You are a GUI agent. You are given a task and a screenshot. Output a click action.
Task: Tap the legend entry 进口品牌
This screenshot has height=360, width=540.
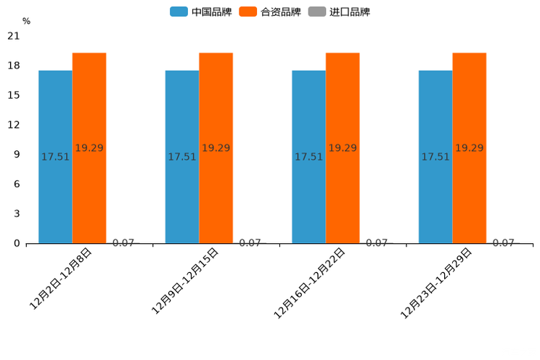pyautogui.click(x=339, y=12)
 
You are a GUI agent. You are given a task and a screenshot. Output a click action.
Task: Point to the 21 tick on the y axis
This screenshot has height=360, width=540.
pyautogui.click(x=14, y=36)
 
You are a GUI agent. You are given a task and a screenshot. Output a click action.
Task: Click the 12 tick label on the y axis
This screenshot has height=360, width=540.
pyautogui.click(x=14, y=125)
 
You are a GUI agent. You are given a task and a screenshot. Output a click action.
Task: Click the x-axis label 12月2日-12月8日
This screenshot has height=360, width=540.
pyautogui.click(x=61, y=279)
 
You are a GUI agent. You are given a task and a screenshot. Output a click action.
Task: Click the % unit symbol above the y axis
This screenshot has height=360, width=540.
pyautogui.click(x=26, y=21)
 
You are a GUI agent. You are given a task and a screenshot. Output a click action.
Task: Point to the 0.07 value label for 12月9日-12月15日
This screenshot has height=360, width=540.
pyautogui.click(x=250, y=243)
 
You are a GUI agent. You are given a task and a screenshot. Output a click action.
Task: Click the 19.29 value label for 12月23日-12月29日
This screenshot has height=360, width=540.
pyautogui.click(x=469, y=148)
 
